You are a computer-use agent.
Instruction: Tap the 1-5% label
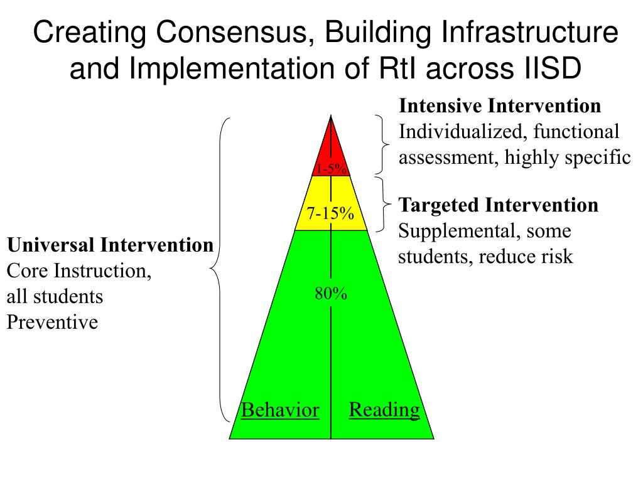tap(331, 169)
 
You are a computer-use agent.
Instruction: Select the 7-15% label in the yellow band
tap(330, 213)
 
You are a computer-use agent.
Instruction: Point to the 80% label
tap(331, 294)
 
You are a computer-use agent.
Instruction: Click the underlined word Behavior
tap(280, 410)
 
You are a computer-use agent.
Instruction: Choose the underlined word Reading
tap(384, 410)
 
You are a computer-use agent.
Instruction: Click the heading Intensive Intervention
tap(500, 106)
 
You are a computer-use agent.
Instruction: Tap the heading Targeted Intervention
tap(499, 205)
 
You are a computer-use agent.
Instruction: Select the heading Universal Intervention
tap(110, 245)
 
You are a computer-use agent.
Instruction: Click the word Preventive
tap(52, 323)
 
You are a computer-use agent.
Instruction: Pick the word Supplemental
tap(454, 232)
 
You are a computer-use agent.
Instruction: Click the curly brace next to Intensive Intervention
tap(382, 144)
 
